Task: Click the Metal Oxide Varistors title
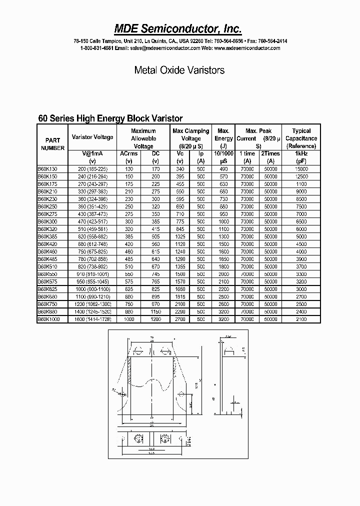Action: pos(179,70)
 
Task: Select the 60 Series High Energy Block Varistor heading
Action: pos(110,118)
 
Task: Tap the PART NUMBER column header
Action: pos(52,144)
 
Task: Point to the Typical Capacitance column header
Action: pos(301,138)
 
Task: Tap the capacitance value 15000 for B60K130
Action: pos(301,169)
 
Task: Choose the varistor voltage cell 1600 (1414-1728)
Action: pos(92,318)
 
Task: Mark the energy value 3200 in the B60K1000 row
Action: pos(223,318)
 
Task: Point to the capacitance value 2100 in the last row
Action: pos(301,318)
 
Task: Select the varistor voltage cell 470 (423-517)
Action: pos(92,221)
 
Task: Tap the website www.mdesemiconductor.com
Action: pos(247,48)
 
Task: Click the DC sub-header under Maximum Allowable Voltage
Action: pos(155,153)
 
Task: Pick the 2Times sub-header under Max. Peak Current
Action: pos(270,153)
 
